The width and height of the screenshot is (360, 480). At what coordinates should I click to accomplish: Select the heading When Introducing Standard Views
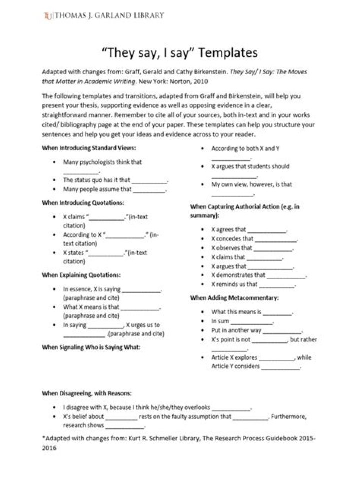click(89, 148)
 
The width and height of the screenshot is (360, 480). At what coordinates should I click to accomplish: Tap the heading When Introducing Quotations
click(83, 203)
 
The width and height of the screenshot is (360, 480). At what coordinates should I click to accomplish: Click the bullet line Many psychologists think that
click(103, 162)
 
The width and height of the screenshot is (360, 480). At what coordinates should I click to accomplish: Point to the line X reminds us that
click(253, 284)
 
